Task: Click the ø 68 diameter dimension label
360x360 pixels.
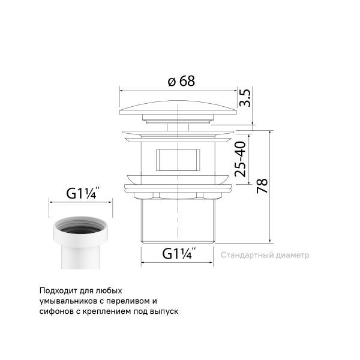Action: click(x=181, y=81)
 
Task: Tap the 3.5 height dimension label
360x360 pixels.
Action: click(x=245, y=98)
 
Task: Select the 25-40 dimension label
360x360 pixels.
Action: click(x=240, y=159)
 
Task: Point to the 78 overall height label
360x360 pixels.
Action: click(x=262, y=185)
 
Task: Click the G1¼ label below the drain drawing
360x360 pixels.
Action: click(x=179, y=253)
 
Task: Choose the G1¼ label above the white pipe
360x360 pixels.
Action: click(x=83, y=193)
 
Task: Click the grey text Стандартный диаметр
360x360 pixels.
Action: click(x=265, y=255)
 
